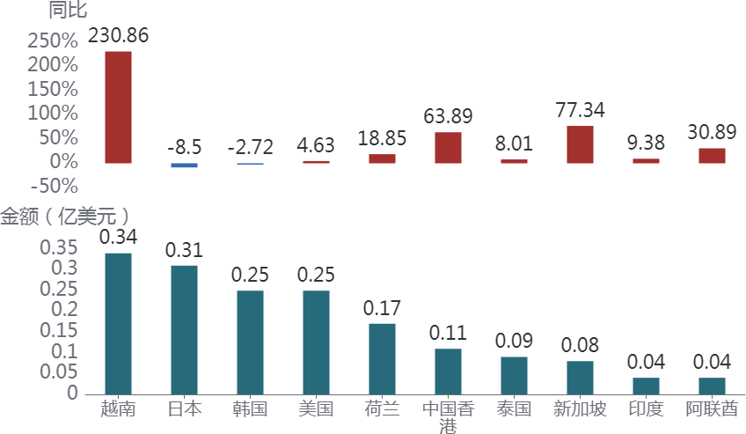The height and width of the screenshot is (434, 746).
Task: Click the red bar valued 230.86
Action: point(118,107)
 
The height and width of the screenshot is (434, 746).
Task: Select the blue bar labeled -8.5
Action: point(184,166)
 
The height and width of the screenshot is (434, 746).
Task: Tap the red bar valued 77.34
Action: point(580,144)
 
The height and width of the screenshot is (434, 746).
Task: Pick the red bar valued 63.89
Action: point(448,147)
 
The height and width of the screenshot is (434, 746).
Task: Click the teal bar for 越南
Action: point(118,323)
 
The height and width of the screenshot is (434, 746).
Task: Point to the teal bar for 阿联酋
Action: point(712,386)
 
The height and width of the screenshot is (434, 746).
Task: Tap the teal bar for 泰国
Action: point(514,375)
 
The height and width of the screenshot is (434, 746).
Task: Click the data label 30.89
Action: point(712,132)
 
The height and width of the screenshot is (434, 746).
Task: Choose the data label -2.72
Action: point(250,147)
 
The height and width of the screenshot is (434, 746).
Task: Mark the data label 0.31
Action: point(184,250)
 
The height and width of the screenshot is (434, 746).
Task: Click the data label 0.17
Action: point(382,308)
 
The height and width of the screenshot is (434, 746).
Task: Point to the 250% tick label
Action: point(53,40)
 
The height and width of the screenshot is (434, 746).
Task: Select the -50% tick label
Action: point(53,186)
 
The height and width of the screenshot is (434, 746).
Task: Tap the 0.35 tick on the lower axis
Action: point(58,247)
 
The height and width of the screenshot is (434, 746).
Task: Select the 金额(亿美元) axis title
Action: point(65,216)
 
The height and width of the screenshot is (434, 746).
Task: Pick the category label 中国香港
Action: point(448,416)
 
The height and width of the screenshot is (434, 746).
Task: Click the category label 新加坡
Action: point(580,409)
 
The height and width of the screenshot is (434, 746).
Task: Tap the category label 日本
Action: point(184,409)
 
